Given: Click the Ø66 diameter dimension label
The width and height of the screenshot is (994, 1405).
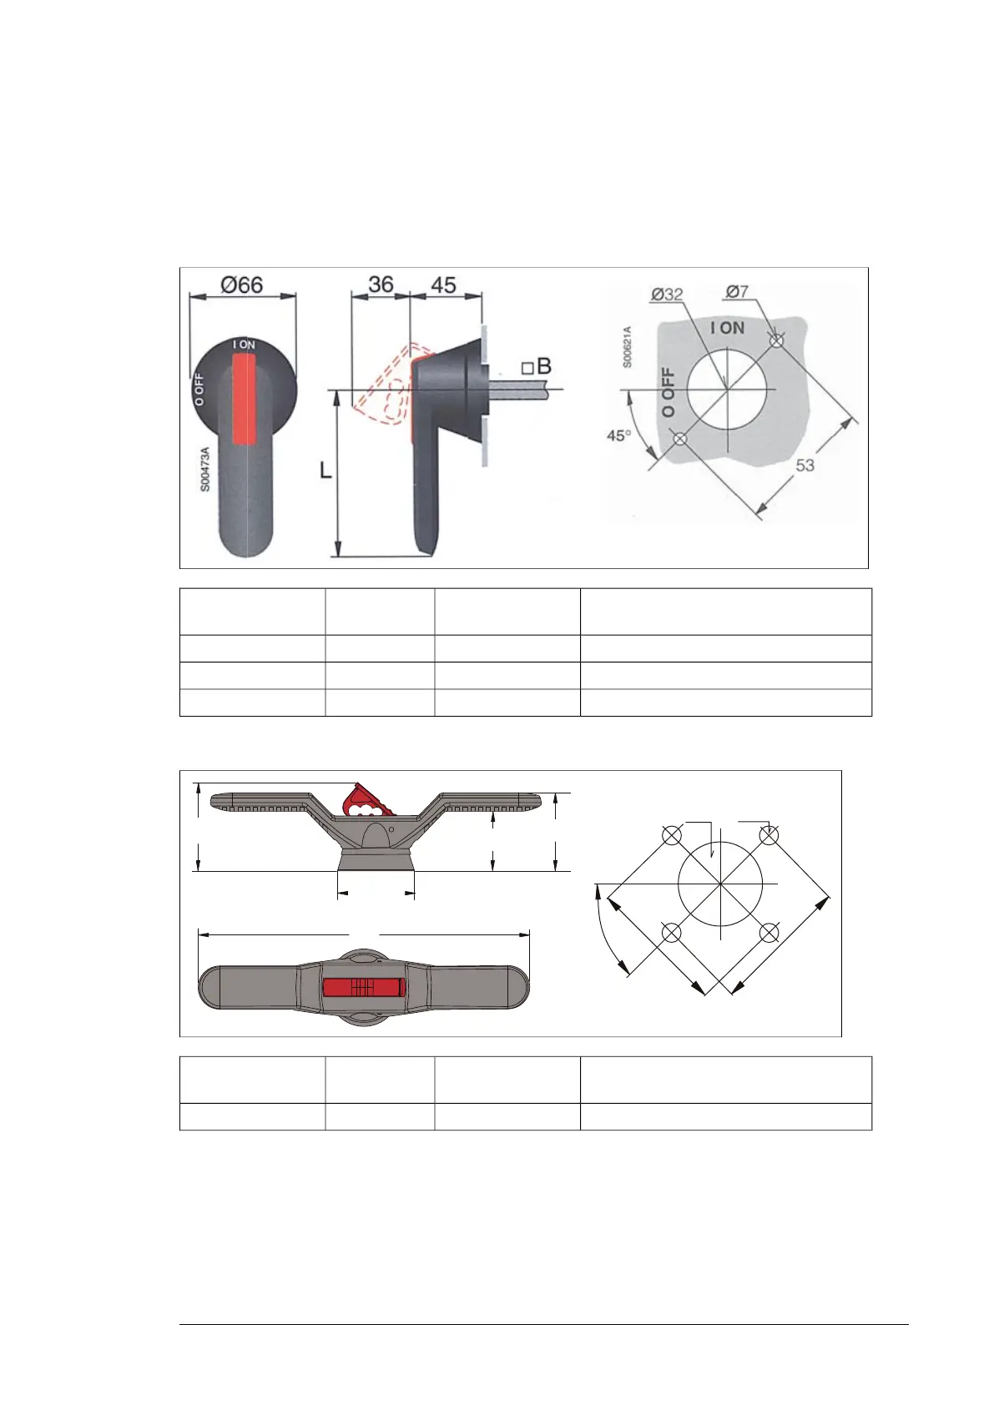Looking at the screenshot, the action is coord(241,285).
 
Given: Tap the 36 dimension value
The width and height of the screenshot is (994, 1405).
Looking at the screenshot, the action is coord(381,285).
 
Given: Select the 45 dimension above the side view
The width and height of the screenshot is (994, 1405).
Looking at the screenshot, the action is coord(443,285).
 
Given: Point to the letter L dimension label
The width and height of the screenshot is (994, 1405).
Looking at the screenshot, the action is coord(325,471).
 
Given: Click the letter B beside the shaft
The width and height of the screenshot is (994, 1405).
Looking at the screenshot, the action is coord(544,365).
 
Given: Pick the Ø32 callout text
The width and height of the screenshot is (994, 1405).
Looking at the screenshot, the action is coord(667,295).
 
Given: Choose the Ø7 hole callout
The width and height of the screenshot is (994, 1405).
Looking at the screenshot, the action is coord(737,292).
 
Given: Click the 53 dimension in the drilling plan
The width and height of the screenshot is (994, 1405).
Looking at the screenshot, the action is coord(805,466).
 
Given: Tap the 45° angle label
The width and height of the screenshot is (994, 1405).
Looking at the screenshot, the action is coord(618,436).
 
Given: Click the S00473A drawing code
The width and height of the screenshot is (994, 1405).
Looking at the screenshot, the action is coord(204,469).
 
